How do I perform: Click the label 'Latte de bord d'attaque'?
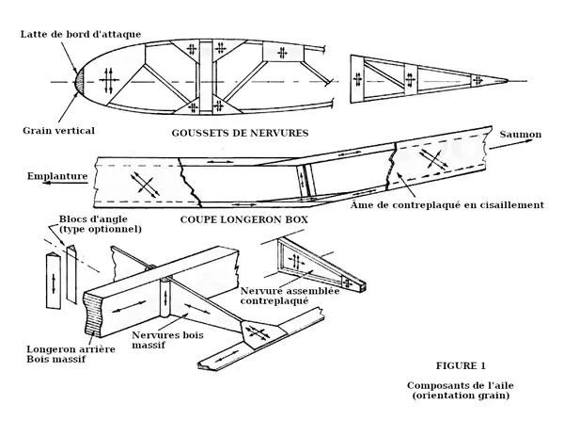pyautogui.click(x=83, y=34)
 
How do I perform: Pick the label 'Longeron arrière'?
pyautogui.click(x=70, y=347)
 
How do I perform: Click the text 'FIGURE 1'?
pyautogui.click(x=462, y=364)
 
